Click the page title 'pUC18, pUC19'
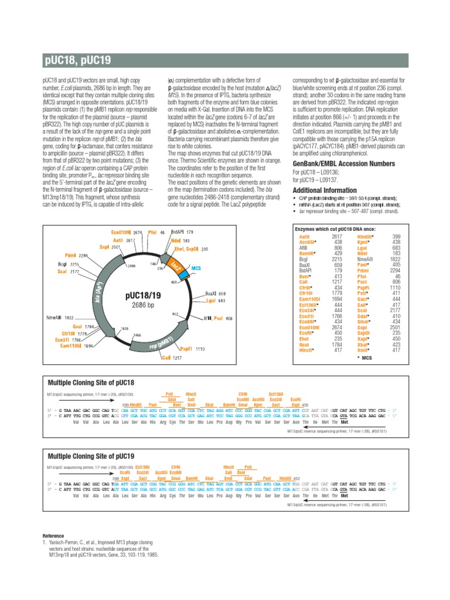coord(77,60)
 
